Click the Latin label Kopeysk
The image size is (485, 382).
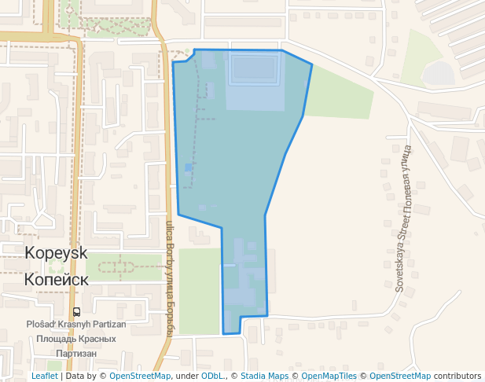pyautogui.click(x=57, y=254)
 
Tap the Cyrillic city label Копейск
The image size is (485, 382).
pyautogui.click(x=57, y=279)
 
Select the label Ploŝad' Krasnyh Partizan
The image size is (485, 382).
pyautogui.click(x=75, y=324)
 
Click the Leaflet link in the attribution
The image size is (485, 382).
pyautogui.click(x=44, y=376)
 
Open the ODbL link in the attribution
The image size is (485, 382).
pyautogui.click(x=211, y=376)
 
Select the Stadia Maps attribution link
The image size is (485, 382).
pyautogui.click(x=264, y=376)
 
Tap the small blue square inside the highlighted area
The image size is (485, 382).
pyautogui.click(x=189, y=167)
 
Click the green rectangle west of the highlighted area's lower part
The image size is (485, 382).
pyautogui.click(x=200, y=291)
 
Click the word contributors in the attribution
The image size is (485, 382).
pyautogui.click(x=457, y=376)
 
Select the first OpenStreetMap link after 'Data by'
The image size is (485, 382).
pyautogui.click(x=140, y=376)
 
